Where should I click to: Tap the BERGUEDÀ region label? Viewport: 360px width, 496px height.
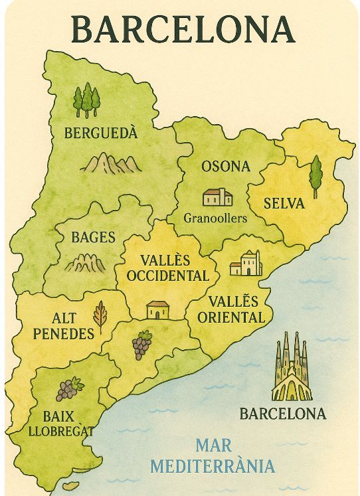(100, 133)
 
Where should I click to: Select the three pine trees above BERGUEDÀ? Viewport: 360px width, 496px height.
(86, 100)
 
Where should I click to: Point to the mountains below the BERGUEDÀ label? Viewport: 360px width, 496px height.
(110, 163)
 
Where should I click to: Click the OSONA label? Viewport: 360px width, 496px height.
(226, 166)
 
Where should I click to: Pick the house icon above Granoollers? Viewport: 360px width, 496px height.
(218, 197)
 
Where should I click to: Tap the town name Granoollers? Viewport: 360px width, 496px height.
(215, 218)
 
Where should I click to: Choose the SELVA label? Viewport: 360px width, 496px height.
(284, 203)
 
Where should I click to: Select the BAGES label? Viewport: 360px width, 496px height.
(94, 237)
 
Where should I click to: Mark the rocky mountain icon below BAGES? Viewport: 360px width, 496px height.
(86, 263)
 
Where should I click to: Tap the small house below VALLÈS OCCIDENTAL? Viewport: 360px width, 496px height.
(158, 309)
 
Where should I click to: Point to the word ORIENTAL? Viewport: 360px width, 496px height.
(230, 317)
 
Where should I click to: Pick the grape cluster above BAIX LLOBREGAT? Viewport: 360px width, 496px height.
(69, 389)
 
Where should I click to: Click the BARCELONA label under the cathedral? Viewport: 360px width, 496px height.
(283, 414)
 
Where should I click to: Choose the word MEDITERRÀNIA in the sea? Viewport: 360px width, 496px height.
(213, 466)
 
